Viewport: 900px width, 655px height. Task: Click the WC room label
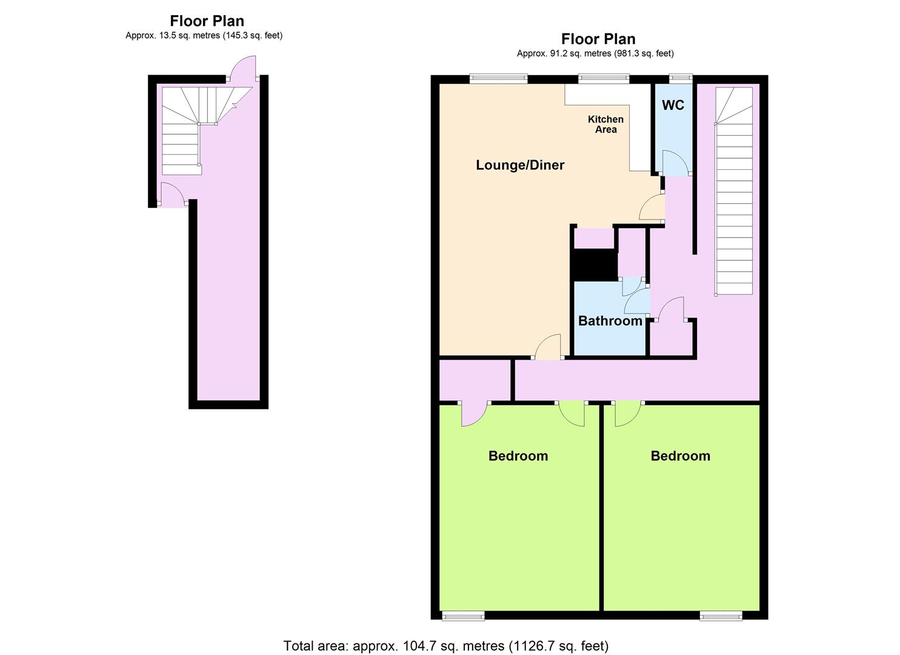(673, 105)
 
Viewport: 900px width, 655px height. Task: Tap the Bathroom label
(610, 321)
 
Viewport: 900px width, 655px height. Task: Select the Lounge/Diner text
(520, 165)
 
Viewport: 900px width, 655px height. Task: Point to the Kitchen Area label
(605, 124)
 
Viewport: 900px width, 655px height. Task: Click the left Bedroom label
(518, 456)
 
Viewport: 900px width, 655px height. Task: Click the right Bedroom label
(680, 456)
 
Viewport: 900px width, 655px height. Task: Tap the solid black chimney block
(595, 265)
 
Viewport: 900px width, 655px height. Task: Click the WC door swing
(673, 163)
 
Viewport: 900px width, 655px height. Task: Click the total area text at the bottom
(445, 646)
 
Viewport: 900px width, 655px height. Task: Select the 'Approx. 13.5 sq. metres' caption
(204, 35)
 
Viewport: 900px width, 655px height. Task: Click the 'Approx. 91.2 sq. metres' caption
(595, 53)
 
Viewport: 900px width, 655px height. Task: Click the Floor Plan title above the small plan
(207, 21)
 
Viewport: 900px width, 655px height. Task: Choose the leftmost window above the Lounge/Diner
(498, 78)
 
